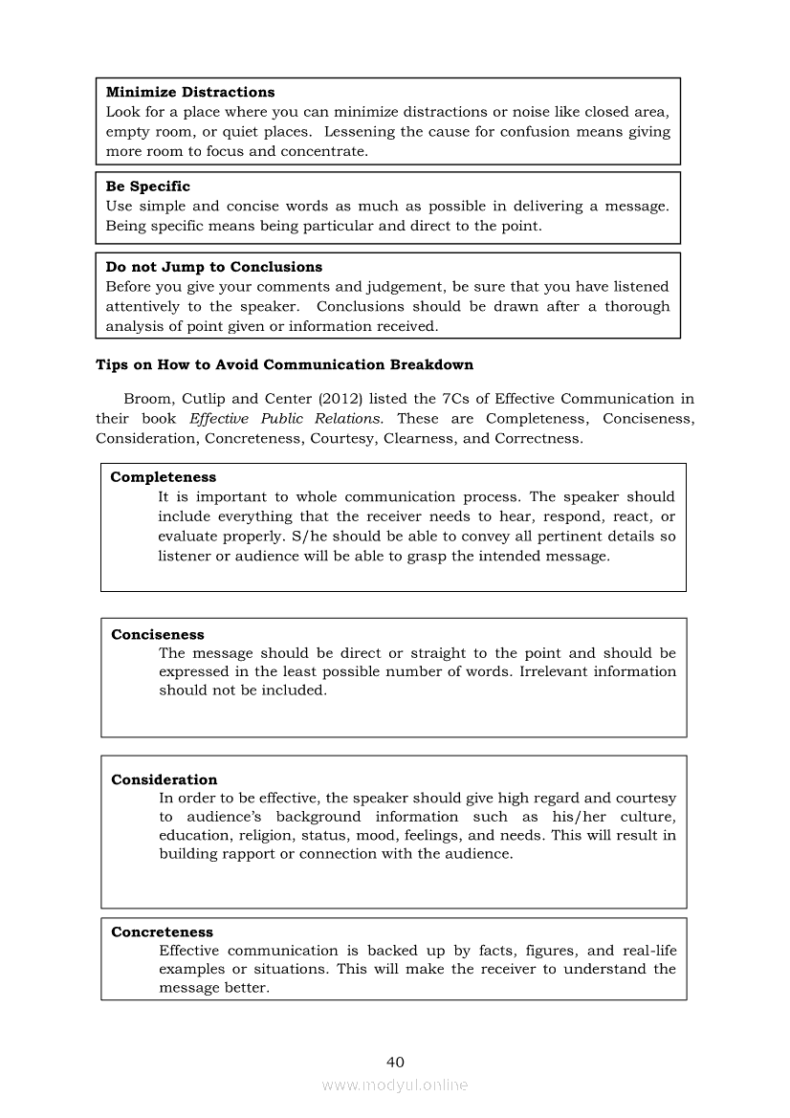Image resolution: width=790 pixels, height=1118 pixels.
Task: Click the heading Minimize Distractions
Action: tap(189, 92)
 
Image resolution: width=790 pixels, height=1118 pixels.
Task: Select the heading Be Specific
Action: tap(147, 186)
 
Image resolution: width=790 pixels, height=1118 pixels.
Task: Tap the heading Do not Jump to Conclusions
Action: tap(213, 267)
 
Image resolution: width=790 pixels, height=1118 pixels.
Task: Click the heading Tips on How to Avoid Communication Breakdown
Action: tap(284, 364)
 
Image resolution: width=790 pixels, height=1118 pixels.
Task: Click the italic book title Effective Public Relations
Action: tap(287, 418)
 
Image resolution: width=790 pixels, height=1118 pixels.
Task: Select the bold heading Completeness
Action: tap(163, 477)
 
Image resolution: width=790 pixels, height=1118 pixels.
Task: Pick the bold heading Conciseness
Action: tap(157, 634)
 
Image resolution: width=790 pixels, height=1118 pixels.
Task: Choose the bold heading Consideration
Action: tap(164, 779)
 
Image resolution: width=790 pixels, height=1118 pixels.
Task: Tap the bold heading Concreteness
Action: tap(162, 932)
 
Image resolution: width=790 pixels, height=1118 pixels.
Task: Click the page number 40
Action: tap(395, 1062)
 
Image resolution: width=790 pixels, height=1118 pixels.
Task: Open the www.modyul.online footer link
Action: tap(395, 1085)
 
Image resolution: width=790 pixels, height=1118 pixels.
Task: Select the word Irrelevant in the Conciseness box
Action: tap(552, 671)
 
